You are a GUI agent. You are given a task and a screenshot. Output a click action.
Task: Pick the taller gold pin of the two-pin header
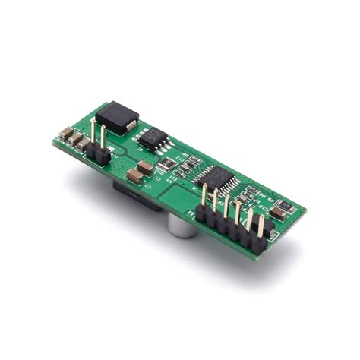pos(93,134)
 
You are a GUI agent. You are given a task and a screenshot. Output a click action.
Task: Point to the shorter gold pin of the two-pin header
pos(101,141)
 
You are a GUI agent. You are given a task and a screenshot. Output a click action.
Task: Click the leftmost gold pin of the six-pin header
pos(204,197)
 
